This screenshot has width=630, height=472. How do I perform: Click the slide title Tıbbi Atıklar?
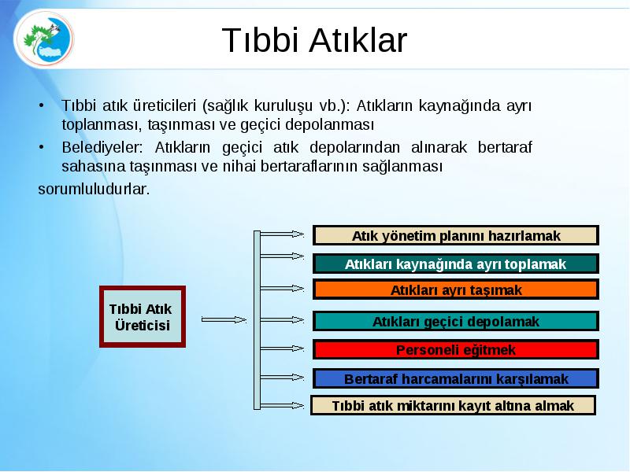click(314, 40)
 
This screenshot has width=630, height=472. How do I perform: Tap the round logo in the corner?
click(44, 39)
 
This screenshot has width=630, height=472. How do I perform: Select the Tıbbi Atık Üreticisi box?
click(143, 317)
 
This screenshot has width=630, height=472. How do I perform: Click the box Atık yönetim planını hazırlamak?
click(456, 235)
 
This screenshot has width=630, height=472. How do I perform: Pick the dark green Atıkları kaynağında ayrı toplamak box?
click(456, 264)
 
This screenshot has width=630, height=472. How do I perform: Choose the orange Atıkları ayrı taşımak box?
click(456, 289)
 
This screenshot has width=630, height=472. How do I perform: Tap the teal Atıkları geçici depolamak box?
click(456, 322)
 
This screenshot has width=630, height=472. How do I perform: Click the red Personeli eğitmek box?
click(456, 349)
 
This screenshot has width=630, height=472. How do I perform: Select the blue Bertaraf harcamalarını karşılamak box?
click(456, 379)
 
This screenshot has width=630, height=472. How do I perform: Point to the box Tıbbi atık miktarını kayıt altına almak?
click(454, 405)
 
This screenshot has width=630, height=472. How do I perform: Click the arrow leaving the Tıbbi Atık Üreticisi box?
click(224, 320)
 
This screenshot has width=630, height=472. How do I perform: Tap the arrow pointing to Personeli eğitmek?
click(282, 348)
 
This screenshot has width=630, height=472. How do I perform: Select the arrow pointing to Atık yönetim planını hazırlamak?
click(282, 234)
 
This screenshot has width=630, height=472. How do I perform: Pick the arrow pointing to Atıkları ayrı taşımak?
click(282, 288)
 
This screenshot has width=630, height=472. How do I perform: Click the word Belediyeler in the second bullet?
click(102, 147)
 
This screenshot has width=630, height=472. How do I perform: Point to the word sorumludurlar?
click(94, 189)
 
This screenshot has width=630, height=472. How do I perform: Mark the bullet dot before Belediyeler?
click(42, 147)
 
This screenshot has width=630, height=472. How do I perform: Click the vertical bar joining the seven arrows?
click(258, 320)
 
